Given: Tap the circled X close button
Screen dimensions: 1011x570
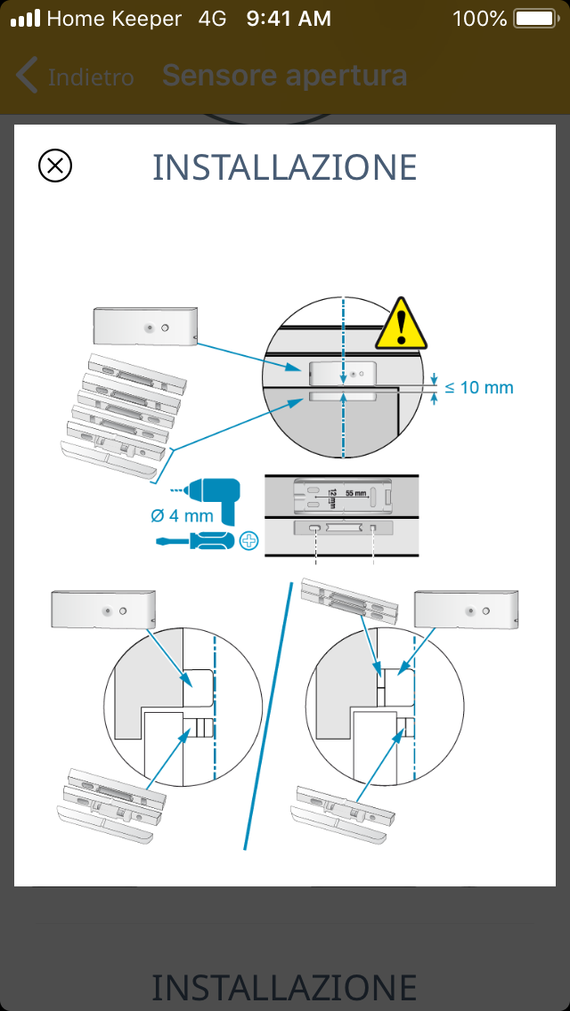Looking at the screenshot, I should tap(55, 166).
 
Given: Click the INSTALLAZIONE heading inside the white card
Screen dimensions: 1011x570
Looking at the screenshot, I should tap(285, 167).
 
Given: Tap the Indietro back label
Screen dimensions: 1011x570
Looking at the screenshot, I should tap(90, 77).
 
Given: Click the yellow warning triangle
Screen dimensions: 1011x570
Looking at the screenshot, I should tap(402, 324).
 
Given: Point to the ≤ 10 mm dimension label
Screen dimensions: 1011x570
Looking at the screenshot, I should tap(479, 387).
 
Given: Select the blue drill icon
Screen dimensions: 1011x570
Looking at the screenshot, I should tap(210, 498).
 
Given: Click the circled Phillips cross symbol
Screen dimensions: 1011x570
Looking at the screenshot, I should tap(248, 540).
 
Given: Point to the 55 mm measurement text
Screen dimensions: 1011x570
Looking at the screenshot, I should tap(354, 492).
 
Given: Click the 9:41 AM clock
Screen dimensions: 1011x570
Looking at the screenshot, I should tap(289, 18).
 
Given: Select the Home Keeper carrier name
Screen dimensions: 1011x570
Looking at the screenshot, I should tap(113, 18).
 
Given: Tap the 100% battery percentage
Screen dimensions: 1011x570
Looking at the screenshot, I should tap(479, 18).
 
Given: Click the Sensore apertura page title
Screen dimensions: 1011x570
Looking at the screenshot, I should tap(284, 77).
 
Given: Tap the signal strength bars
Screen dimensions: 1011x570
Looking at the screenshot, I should tap(26, 18).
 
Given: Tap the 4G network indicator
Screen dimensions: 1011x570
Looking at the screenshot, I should tap(213, 18).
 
